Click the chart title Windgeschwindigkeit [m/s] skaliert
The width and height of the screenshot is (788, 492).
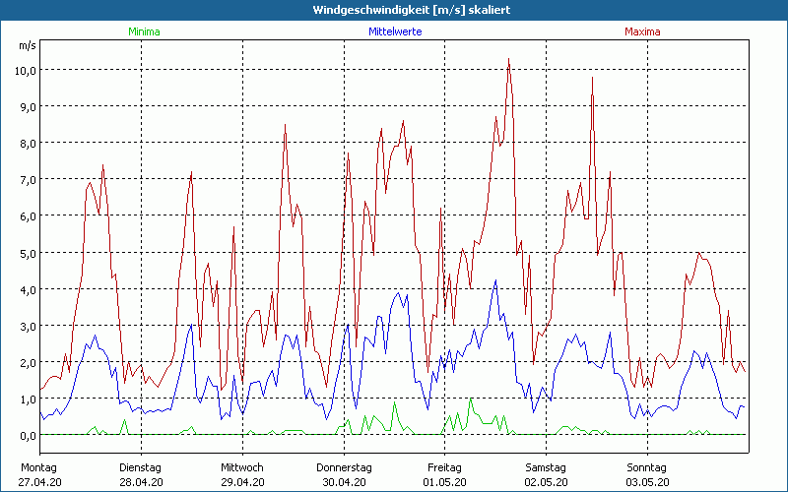coord(394,10)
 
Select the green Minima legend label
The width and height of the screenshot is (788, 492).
coord(144,31)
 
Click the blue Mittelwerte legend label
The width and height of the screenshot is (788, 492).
coord(394,31)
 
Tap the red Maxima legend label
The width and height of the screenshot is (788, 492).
coord(642,31)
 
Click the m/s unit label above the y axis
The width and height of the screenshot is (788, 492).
coord(27,46)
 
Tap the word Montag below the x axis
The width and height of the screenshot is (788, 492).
coord(39,467)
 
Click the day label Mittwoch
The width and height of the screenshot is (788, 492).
coord(242,467)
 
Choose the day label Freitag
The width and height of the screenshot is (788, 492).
coord(444,467)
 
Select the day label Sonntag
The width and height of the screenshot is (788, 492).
coord(646,467)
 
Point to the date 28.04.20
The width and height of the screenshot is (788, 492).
coord(141,482)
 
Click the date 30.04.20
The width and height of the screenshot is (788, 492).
coord(343,482)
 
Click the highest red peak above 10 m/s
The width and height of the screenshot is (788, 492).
coord(508,60)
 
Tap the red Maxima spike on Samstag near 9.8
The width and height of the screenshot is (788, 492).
coord(592,79)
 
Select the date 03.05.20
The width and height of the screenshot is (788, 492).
coord(646,482)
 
